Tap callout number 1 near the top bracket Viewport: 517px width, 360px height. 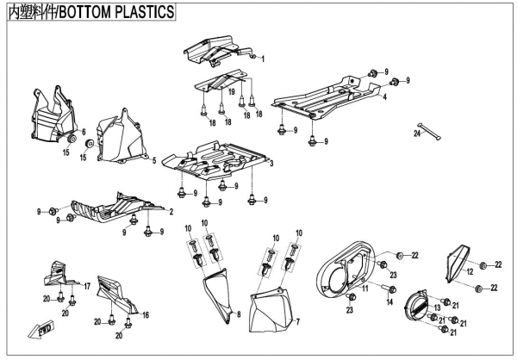tap(263, 58)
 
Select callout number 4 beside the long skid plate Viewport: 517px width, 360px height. tap(383, 97)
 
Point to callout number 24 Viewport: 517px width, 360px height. tap(415, 134)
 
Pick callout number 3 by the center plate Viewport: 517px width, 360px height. tap(271, 162)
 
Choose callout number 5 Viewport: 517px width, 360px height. tap(153, 161)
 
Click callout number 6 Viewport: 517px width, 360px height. tap(84, 131)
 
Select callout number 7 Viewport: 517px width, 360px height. tap(298, 321)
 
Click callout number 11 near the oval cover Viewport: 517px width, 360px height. tap(364, 290)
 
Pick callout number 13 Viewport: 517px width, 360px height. tap(437, 307)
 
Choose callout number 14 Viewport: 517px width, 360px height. tap(389, 302)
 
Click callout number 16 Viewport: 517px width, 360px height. tap(146, 314)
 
